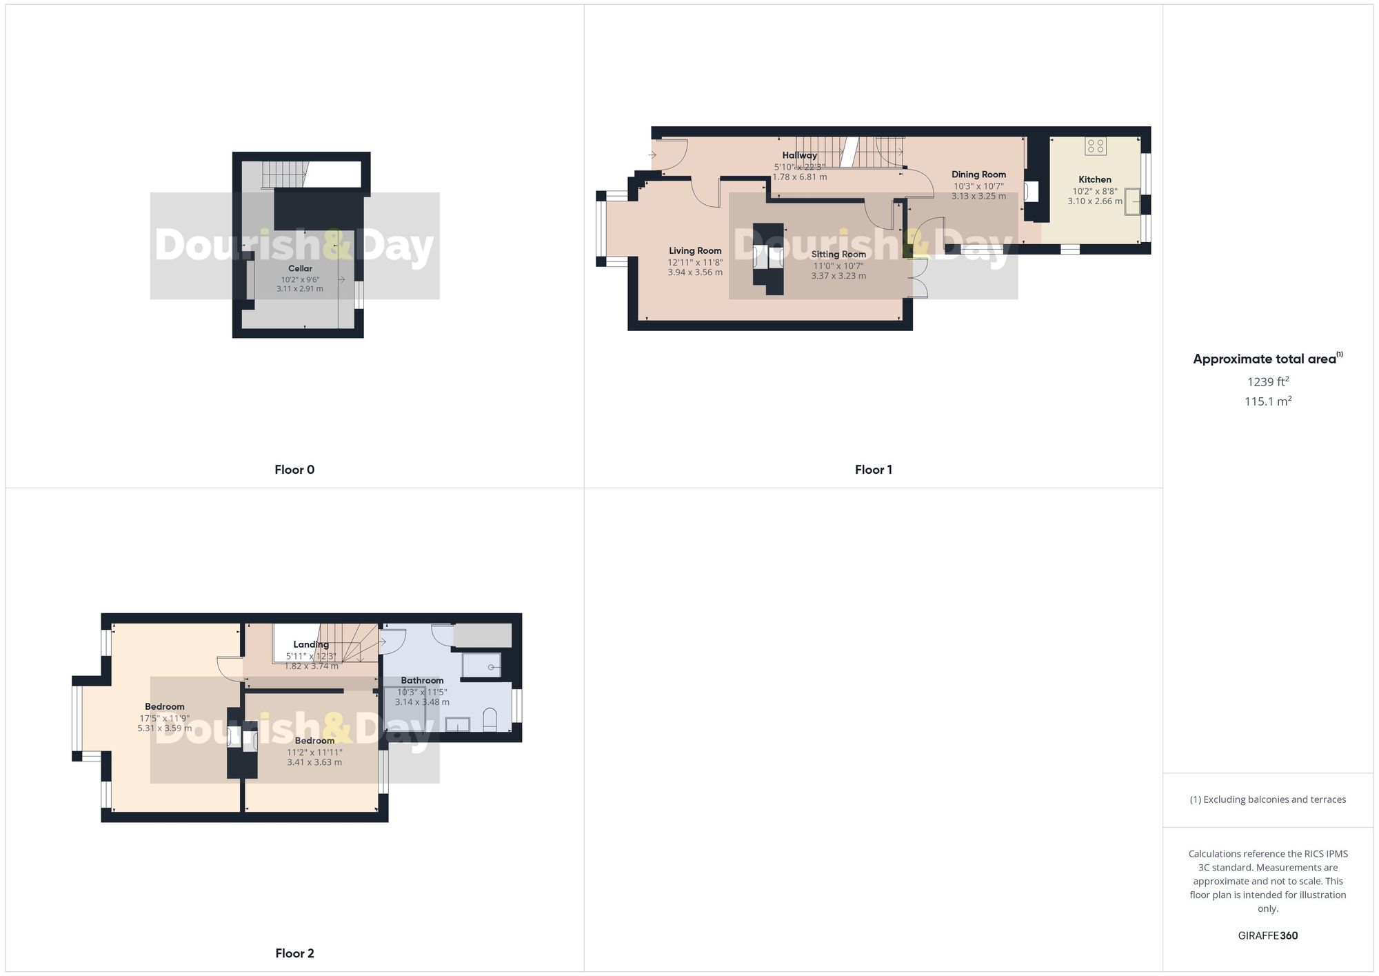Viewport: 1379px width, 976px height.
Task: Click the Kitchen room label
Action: click(1095, 179)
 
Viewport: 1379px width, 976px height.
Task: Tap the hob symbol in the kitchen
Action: click(1096, 146)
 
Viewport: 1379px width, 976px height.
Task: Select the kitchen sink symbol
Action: click(1132, 201)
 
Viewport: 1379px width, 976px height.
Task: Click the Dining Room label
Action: click(978, 175)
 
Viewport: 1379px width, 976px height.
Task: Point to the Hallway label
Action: click(799, 155)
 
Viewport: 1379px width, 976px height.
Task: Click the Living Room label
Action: click(695, 251)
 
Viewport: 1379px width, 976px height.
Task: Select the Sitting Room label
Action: click(838, 255)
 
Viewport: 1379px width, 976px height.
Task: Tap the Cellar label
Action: click(300, 268)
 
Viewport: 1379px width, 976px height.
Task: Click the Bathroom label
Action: click(422, 680)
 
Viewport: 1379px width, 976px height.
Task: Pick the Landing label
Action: click(311, 644)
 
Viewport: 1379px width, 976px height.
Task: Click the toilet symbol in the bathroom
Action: click(490, 719)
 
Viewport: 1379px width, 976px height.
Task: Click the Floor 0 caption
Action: click(294, 470)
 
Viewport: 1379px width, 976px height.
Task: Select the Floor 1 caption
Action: click(873, 470)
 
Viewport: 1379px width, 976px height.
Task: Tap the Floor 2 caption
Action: click(294, 953)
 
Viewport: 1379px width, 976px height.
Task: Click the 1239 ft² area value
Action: click(1267, 381)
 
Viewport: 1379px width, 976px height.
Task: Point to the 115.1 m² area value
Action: click(1267, 401)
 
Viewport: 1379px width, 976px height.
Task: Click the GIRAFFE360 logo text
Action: click(1267, 935)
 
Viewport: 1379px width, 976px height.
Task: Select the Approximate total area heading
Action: click(1265, 359)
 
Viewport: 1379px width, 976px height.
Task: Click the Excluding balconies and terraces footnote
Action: click(1267, 799)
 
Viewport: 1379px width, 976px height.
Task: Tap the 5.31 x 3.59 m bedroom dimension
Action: click(165, 728)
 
